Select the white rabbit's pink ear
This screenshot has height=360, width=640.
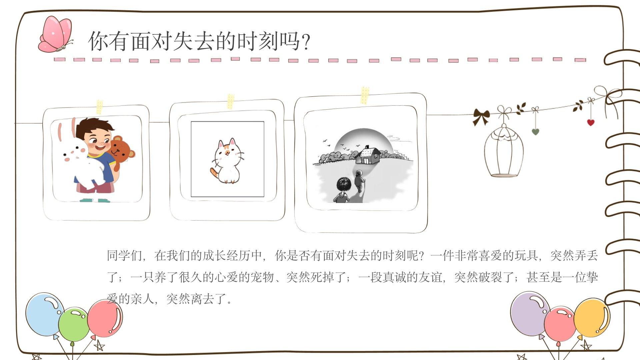(x=61, y=132)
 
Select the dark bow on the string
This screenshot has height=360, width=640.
(x=481, y=117)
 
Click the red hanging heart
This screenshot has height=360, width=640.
(x=591, y=122)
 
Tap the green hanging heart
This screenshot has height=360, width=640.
(x=535, y=132)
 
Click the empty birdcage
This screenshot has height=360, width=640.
(x=504, y=150)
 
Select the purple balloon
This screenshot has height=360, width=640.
(x=530, y=314)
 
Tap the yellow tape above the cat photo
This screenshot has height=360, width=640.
(x=231, y=101)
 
